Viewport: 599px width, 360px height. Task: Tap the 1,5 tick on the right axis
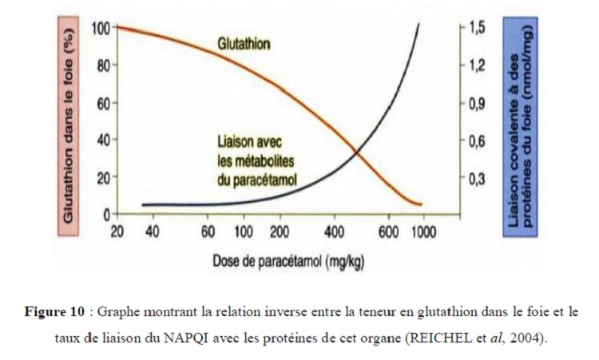point(477,29)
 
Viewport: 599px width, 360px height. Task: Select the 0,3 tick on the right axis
point(477,178)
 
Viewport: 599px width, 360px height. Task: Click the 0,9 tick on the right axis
point(477,104)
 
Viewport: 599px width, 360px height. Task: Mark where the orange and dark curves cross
point(356,152)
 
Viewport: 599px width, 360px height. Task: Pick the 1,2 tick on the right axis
point(477,66)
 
